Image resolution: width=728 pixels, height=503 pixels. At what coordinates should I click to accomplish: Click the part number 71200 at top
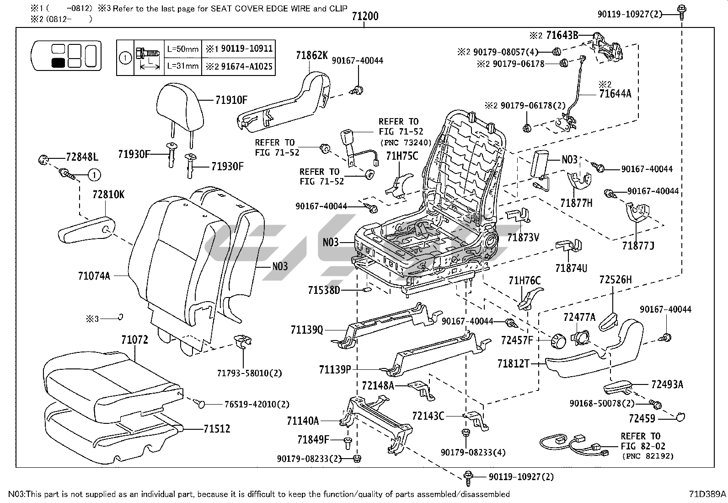pos(365,16)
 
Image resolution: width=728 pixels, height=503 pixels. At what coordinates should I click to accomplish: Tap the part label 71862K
pos(312,55)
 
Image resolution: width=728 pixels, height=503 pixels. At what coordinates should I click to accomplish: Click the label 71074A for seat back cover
pos(94,276)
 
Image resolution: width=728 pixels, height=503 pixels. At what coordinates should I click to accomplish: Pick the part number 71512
pos(217,429)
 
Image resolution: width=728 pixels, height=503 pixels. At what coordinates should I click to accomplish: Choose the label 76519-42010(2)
pos(257,404)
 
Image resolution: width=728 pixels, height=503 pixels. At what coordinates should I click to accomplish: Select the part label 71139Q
pos(306,330)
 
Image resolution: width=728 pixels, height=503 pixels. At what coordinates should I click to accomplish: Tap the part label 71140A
pos(303,420)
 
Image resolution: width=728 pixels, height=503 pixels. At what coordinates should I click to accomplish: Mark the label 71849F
pos(313,440)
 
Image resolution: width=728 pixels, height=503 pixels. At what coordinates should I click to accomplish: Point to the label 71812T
pos(513,364)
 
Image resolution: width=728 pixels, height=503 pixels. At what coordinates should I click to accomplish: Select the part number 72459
pos(642,418)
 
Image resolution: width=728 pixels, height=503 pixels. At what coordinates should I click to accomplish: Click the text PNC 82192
pos(647,456)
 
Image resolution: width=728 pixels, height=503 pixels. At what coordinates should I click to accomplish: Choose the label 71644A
pos(615,94)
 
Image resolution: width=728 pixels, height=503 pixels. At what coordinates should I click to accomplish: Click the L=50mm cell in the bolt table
pos(182,49)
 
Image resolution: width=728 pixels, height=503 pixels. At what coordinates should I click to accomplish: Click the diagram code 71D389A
pos(707,494)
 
